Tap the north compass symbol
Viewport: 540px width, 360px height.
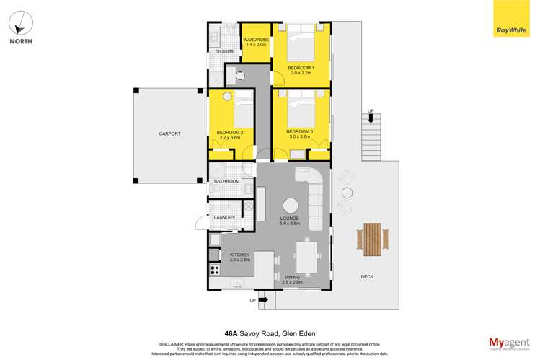click(20, 25)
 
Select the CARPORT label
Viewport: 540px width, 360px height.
click(170, 134)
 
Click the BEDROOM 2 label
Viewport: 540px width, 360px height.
click(231, 132)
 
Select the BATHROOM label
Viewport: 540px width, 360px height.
click(226, 181)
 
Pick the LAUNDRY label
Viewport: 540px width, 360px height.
click(223, 217)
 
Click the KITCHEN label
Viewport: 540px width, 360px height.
click(239, 255)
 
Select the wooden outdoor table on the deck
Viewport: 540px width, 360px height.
click(373, 240)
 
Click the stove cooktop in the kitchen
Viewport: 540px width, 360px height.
click(214, 271)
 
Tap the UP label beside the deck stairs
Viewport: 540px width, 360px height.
click(371, 111)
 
